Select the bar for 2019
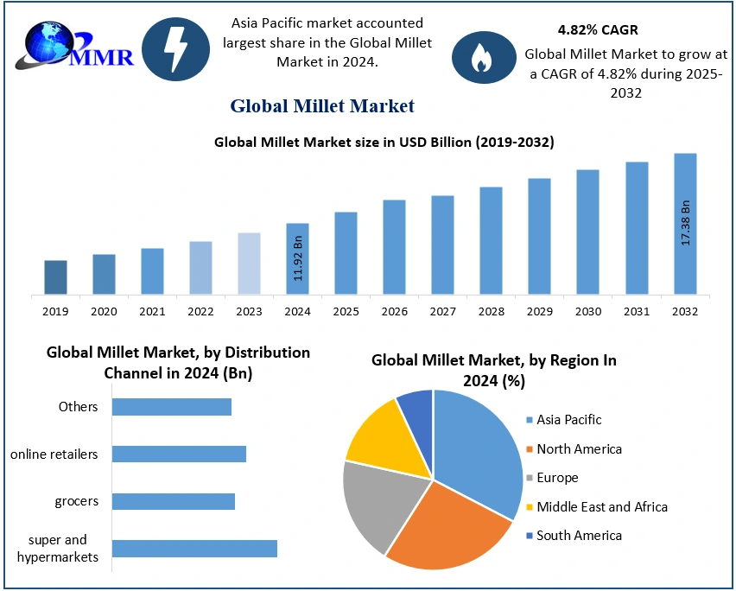pyautogui.click(x=55, y=276)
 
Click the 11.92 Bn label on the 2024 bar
pyautogui.click(x=298, y=257)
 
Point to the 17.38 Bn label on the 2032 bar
pyautogui.click(x=686, y=223)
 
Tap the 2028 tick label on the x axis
pyautogui.click(x=491, y=311)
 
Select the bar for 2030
pyautogui.click(x=587, y=232)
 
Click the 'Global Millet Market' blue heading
pyautogui.click(x=322, y=106)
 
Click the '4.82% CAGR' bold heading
pyautogui.click(x=598, y=30)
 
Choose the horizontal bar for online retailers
pyautogui.click(x=179, y=454)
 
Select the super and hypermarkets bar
pyautogui.click(x=194, y=549)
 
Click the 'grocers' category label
pyautogui.click(x=76, y=501)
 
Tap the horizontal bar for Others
pyautogui.click(x=172, y=407)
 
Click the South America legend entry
pyautogui.click(x=578, y=536)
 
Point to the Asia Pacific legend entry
pyautogui.click(x=568, y=420)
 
